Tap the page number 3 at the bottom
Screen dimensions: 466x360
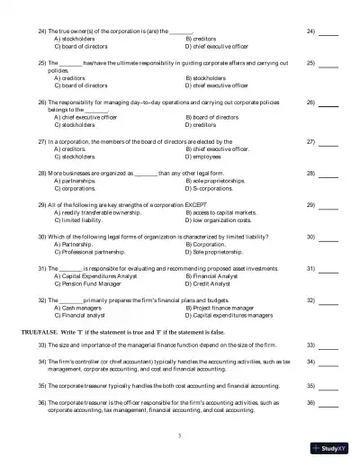coord(180,435)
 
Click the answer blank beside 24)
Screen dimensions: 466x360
coord(328,31)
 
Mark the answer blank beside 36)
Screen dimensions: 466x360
coord(328,402)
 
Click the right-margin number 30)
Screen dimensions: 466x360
coord(311,237)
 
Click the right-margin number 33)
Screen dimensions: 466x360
coord(311,345)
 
